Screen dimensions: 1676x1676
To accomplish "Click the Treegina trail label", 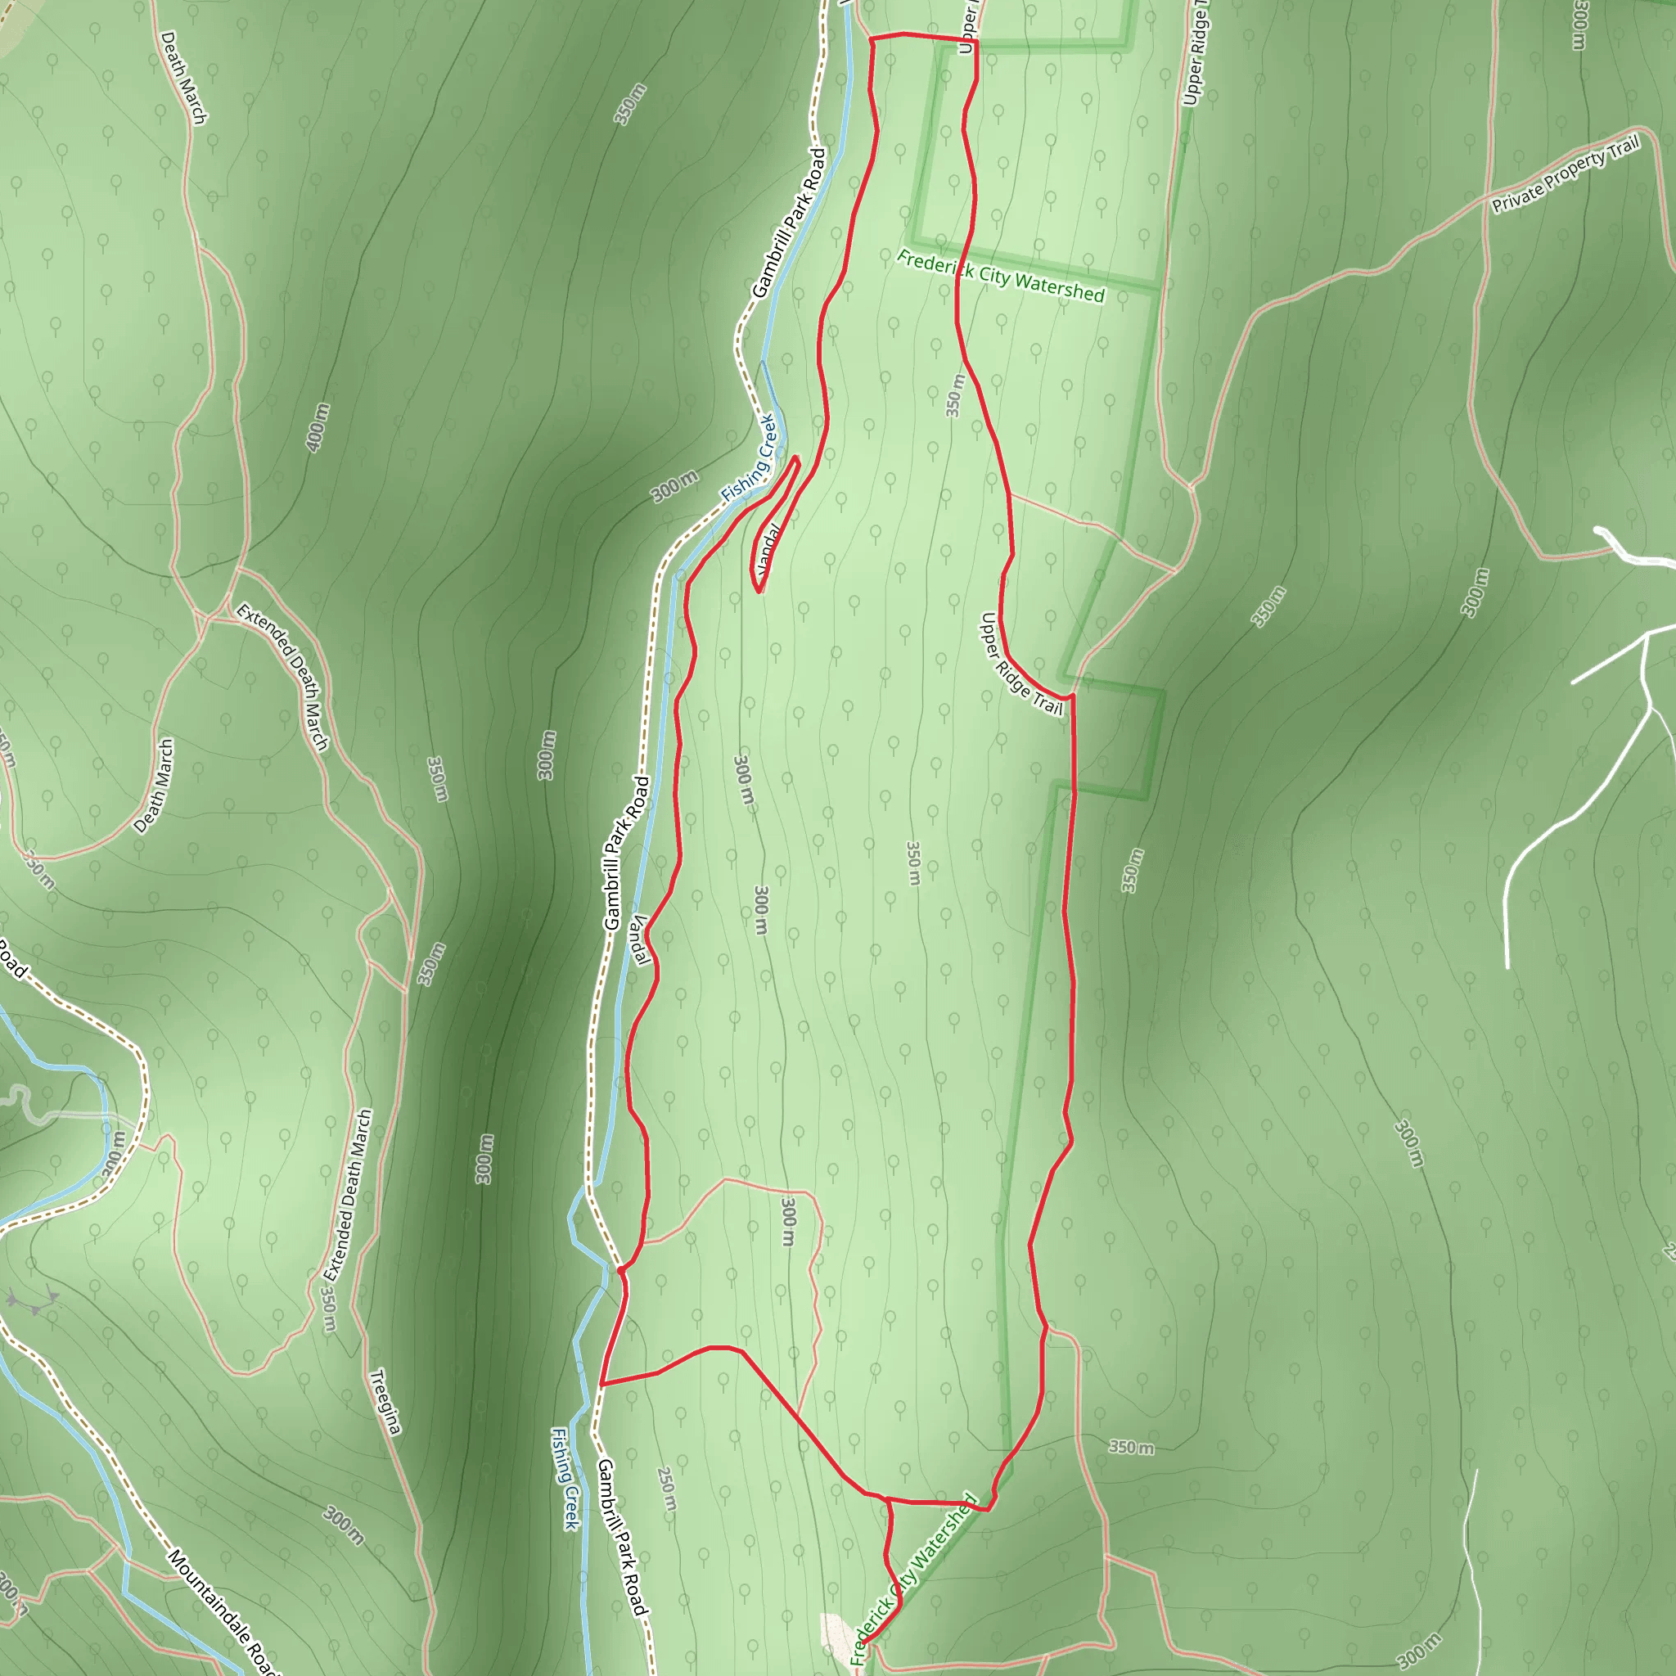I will (x=385, y=1403).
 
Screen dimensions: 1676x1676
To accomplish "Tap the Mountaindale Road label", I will (x=220, y=1614).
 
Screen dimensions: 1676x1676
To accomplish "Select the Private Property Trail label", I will (x=1566, y=174).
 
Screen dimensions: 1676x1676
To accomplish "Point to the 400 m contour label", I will (x=318, y=427).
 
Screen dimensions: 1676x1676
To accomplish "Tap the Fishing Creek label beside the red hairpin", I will (x=749, y=458).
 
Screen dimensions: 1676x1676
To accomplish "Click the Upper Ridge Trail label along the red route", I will (x=1020, y=664).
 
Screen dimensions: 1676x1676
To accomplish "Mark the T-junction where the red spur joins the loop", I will (x=887, y=1499).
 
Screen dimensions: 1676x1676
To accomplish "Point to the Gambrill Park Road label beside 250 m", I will (x=622, y=1538).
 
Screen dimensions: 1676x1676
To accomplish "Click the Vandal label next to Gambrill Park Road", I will (x=639, y=939).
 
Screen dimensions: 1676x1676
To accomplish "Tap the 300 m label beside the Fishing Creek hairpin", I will (x=674, y=487).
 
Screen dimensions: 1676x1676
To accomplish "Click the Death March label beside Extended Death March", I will (x=155, y=786).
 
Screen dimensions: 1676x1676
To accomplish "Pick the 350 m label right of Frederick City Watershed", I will (x=1131, y=1447).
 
